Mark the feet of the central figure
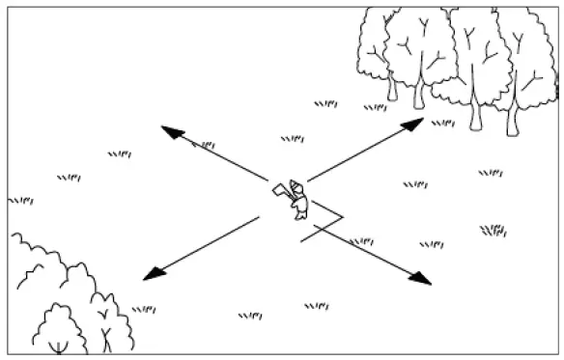coord(300,217)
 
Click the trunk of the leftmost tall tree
coord(392,88)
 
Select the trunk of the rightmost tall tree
coord(513,121)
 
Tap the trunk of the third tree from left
coord(475,116)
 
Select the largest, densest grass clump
coord(493,230)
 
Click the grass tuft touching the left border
coord(19,201)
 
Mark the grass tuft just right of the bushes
coord(144,310)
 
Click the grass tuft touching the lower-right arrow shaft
coord(361,241)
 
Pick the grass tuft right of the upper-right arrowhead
coord(443,124)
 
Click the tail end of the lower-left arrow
coord(259,218)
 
